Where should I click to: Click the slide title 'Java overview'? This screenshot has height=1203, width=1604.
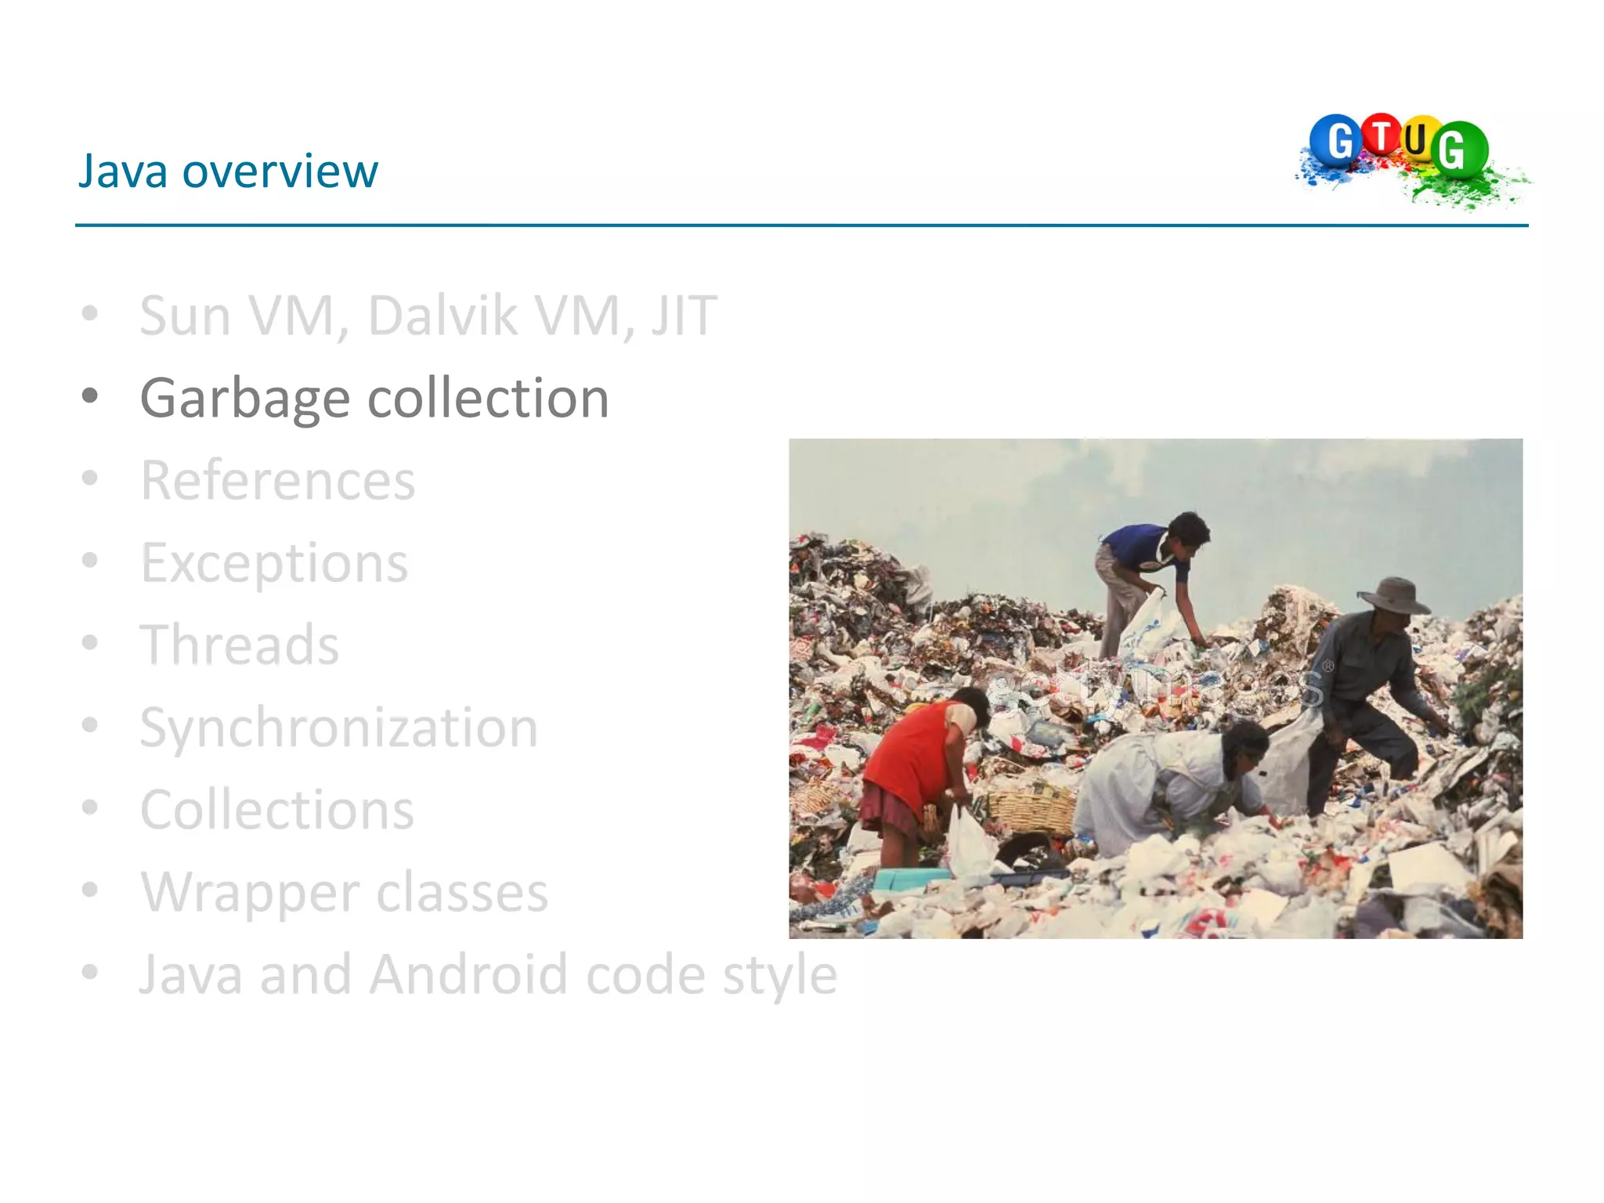click(228, 171)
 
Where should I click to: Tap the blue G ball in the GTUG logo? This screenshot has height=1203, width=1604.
click(1336, 141)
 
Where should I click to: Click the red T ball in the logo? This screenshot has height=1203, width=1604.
click(1382, 134)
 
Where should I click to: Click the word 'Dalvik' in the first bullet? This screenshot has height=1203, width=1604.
click(443, 316)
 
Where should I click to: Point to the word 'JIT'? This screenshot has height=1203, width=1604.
click(684, 316)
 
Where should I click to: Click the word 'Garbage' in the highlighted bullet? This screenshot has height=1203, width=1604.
click(244, 399)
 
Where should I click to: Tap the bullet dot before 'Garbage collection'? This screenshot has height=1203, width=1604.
click(90, 396)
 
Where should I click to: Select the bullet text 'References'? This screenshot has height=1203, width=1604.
click(278, 480)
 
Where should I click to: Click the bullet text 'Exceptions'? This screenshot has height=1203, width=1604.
click(274, 563)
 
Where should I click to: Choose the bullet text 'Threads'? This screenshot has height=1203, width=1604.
click(240, 645)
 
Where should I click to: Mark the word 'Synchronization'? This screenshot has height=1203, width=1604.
click(339, 728)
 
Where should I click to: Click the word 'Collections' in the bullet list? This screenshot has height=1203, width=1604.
click(277, 810)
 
